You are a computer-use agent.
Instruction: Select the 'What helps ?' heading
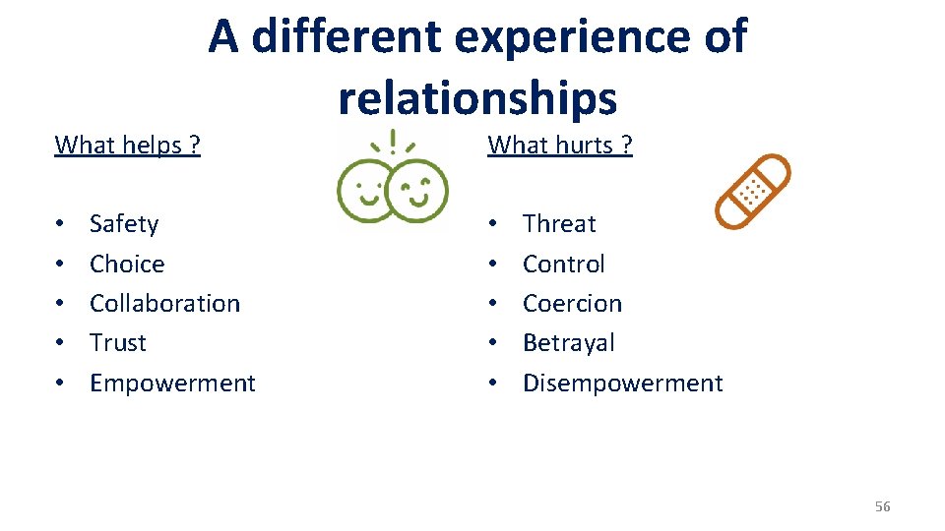tap(128, 146)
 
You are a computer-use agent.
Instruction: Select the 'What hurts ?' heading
tap(560, 146)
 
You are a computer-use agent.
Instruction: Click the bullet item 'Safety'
tap(124, 224)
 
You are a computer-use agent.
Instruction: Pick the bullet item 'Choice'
tap(127, 264)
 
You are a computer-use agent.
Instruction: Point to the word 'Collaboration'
tap(164, 303)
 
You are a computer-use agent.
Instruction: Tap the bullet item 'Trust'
tap(118, 342)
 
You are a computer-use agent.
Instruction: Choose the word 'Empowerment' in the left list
tap(172, 383)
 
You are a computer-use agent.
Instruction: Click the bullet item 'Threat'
tap(559, 224)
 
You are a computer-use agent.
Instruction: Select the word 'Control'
tap(564, 264)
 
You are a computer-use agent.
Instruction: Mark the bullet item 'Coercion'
tap(572, 303)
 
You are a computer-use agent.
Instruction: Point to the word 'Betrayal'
tap(569, 342)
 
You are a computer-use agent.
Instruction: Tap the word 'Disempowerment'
tap(622, 383)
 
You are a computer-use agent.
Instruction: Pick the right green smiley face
tap(417, 190)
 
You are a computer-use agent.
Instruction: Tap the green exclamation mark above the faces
tap(394, 144)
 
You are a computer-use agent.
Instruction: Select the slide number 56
tap(882, 506)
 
